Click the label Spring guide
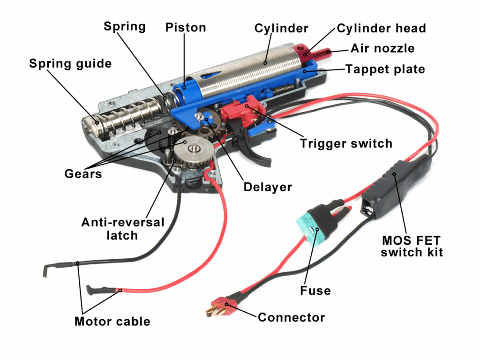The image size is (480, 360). point(70,63)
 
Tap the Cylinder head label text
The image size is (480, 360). point(381,28)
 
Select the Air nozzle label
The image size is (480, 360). point(382,48)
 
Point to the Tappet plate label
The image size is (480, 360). point(385,69)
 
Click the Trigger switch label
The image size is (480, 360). point(346,143)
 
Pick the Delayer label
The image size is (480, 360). point(267,187)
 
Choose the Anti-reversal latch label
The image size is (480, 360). point(122,228)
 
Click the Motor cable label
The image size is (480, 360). point(112,321)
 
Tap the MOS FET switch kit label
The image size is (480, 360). point(412,247)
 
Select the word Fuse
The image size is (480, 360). point(315,291)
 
